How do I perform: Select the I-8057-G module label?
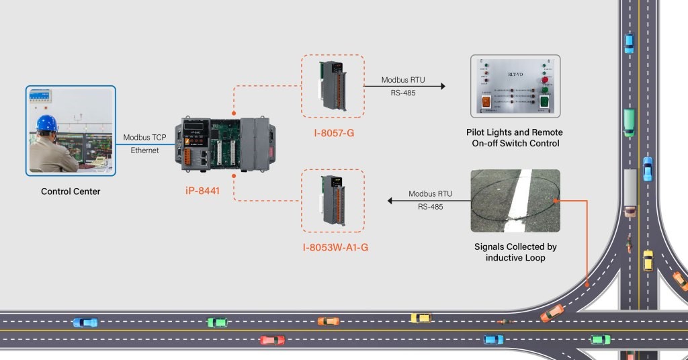tap(333, 132)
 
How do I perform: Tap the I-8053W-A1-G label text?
tap(335, 248)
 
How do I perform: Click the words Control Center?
tap(71, 191)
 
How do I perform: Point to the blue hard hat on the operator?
tap(46, 123)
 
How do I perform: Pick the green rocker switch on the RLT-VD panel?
tap(545, 103)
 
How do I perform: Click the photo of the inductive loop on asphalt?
tap(515, 201)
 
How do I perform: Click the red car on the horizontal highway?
tap(272, 340)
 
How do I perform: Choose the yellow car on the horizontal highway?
tap(421, 318)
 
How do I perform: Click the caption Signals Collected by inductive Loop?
tap(515, 253)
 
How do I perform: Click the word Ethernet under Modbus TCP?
tap(144, 150)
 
